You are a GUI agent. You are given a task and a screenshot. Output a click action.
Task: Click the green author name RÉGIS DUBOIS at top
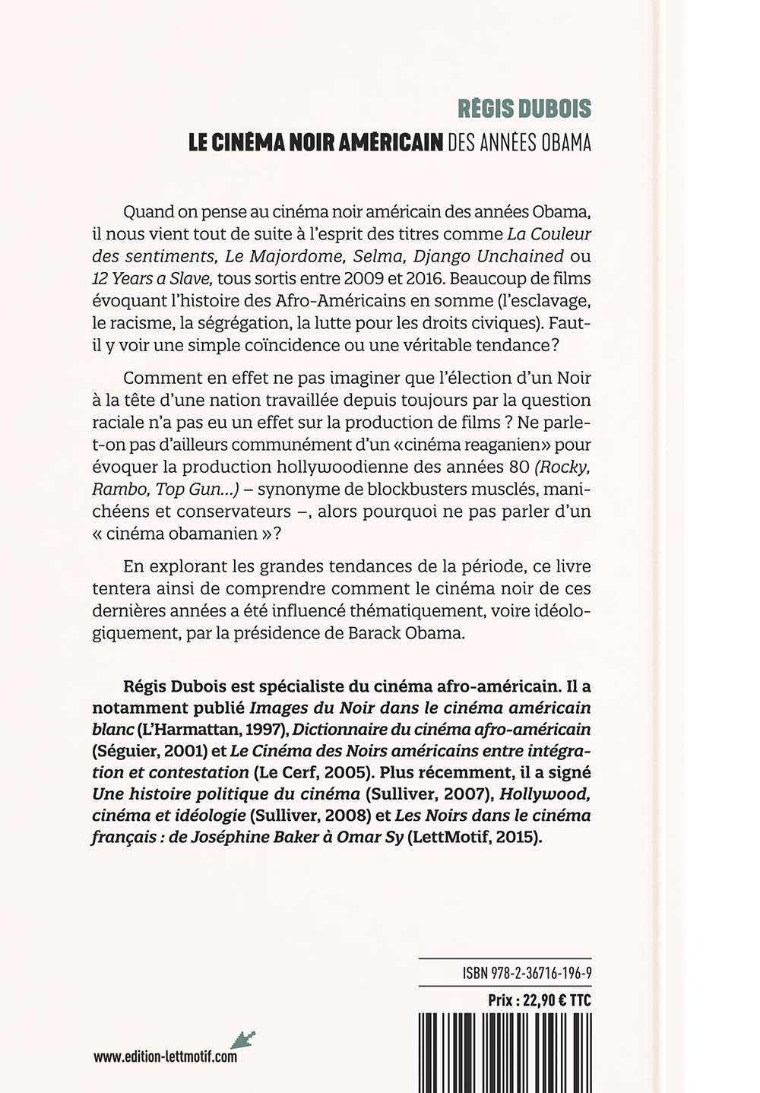point(524,109)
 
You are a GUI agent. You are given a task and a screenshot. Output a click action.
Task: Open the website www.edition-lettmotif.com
point(165,1057)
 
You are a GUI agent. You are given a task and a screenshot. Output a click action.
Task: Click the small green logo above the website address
point(245,1038)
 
